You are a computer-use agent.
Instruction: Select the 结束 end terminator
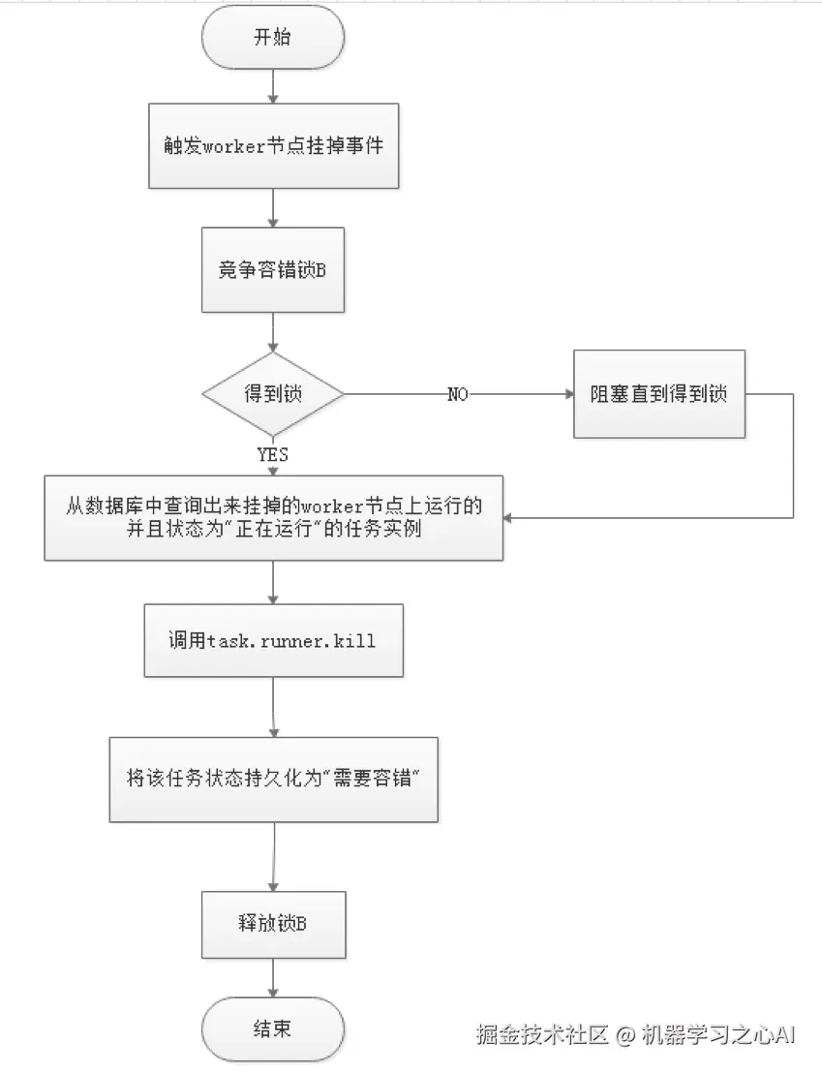click(273, 1028)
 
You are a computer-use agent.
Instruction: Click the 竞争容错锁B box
click(272, 270)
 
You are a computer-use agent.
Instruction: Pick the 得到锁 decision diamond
click(272, 395)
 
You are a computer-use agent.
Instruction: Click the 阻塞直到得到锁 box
click(658, 394)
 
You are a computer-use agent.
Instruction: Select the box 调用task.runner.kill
click(273, 641)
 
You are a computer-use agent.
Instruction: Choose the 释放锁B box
click(272, 924)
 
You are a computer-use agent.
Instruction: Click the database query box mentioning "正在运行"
click(273, 518)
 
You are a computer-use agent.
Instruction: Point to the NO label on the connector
click(458, 395)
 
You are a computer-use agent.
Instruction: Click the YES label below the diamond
click(272, 453)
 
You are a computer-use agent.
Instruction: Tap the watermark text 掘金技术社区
click(541, 1034)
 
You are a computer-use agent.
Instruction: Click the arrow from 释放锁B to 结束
click(273, 977)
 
